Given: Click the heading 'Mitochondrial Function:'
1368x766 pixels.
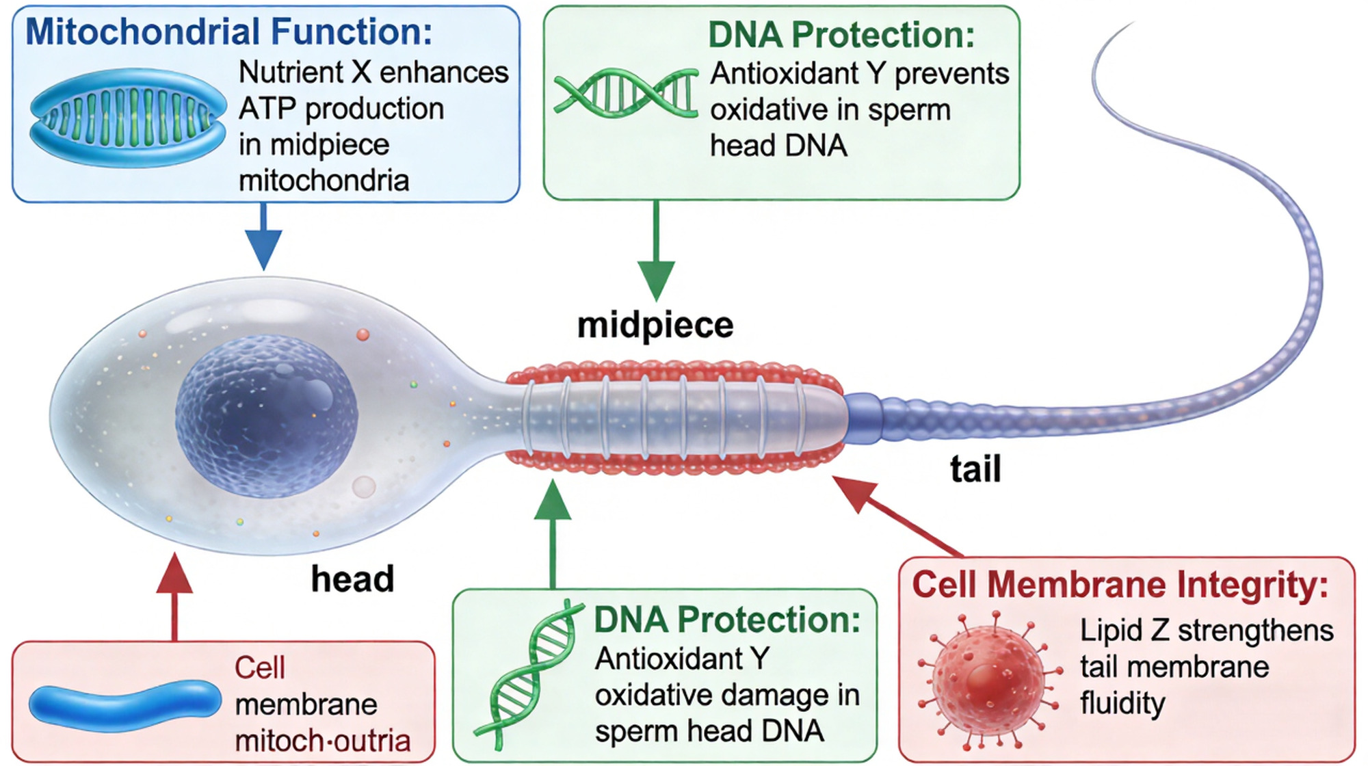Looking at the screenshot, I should coord(228,32).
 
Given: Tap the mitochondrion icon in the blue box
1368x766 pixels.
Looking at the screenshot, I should coord(128,118).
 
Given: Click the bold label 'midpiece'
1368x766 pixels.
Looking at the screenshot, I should coord(655,325).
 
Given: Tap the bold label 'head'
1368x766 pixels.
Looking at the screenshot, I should coord(352,579).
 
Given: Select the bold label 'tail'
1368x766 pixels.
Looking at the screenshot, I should coord(975,469).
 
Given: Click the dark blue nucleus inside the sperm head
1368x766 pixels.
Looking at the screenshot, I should coord(267,416).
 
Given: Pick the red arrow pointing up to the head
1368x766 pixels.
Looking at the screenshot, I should coord(174,595).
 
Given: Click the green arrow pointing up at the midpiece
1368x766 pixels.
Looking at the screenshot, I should coord(553,533).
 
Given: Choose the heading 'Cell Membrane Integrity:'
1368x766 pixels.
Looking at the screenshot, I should coord(1120,585).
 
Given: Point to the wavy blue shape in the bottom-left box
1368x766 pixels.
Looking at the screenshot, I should coord(125,704).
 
